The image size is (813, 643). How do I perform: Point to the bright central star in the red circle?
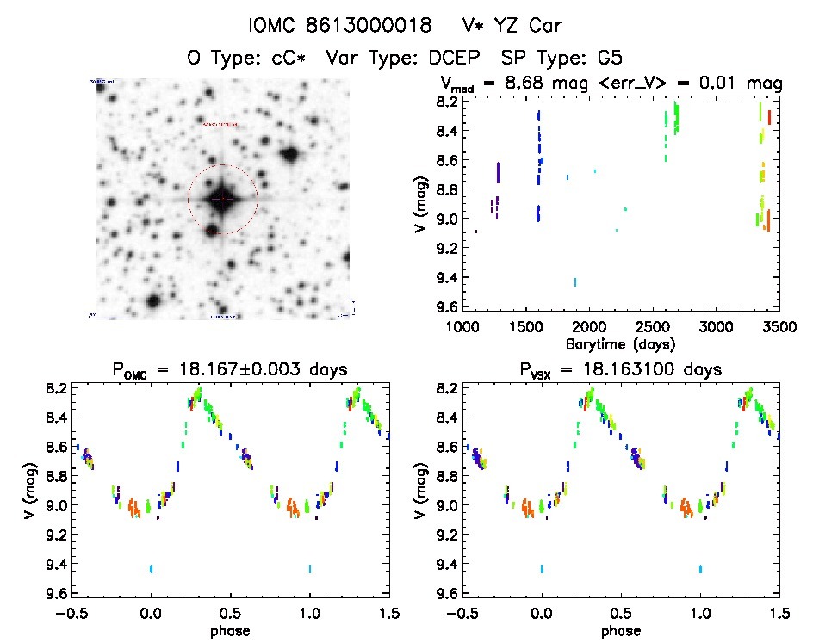click(x=222, y=199)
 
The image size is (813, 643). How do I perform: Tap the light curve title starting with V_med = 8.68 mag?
click(x=611, y=83)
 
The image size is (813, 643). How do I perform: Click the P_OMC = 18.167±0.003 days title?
click(x=229, y=370)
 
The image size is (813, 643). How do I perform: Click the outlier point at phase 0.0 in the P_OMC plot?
click(x=152, y=568)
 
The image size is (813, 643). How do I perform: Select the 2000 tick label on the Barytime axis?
click(x=590, y=327)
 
